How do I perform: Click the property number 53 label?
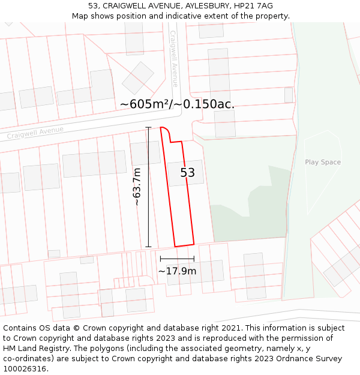pyautogui.click(x=188, y=173)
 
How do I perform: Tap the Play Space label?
pyautogui.click(x=322, y=162)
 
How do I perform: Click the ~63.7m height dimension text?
pyautogui.click(x=137, y=187)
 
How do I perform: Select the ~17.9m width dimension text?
pyautogui.click(x=177, y=271)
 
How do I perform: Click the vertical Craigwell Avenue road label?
pyautogui.click(x=174, y=59)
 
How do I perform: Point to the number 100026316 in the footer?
pyautogui.click(x=25, y=368)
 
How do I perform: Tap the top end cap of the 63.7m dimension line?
pyautogui.click(x=148, y=127)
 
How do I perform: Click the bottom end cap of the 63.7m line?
pyautogui.click(x=148, y=247)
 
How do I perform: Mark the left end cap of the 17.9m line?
pyautogui.click(x=160, y=259)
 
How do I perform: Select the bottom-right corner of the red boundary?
pyautogui.click(x=194, y=244)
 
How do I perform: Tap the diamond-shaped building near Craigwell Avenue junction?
pyautogui.click(x=138, y=78)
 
